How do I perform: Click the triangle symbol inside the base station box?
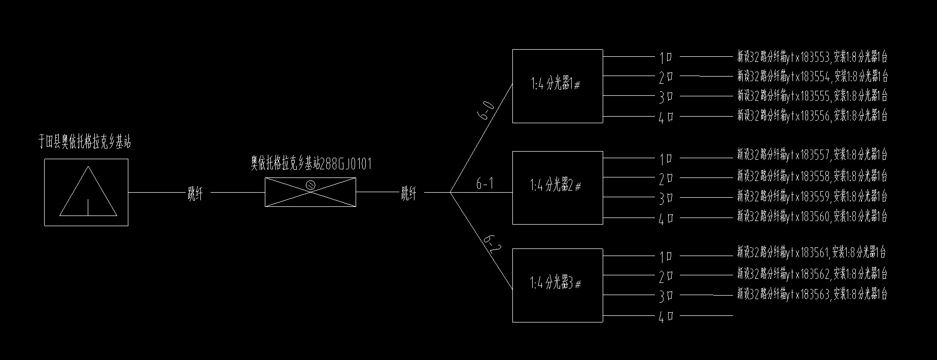point(88,191)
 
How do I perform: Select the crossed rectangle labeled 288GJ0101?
point(310,192)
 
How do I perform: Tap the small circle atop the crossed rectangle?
point(311,186)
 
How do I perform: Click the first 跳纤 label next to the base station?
point(195,193)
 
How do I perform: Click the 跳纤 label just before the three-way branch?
point(409,193)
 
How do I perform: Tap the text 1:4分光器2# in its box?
point(556,186)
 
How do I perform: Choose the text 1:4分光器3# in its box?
point(556,284)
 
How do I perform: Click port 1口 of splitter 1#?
point(666,57)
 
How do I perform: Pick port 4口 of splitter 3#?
point(666,317)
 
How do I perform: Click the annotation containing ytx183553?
point(812,57)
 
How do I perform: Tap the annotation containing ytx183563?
point(812,294)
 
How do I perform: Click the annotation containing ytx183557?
point(812,154)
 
